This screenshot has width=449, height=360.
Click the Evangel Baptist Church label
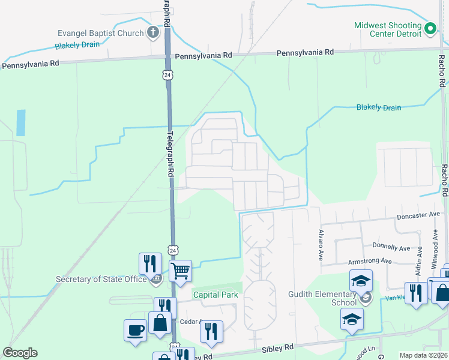pos(100,34)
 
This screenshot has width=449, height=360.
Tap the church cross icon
pos(153,32)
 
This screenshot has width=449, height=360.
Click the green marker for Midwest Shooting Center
pos(430,28)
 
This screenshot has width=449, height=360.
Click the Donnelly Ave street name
pos(391,247)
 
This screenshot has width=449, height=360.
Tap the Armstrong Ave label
pos(370,261)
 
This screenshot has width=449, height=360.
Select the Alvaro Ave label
pos(321,245)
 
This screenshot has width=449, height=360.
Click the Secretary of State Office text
pos(101,279)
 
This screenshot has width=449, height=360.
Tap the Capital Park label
pos(215,295)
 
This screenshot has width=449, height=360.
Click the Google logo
pos(20,353)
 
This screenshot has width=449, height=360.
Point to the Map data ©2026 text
pos(423,355)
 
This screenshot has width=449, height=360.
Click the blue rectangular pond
pos(22,122)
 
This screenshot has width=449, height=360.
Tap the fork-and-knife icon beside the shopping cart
pos(150,263)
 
